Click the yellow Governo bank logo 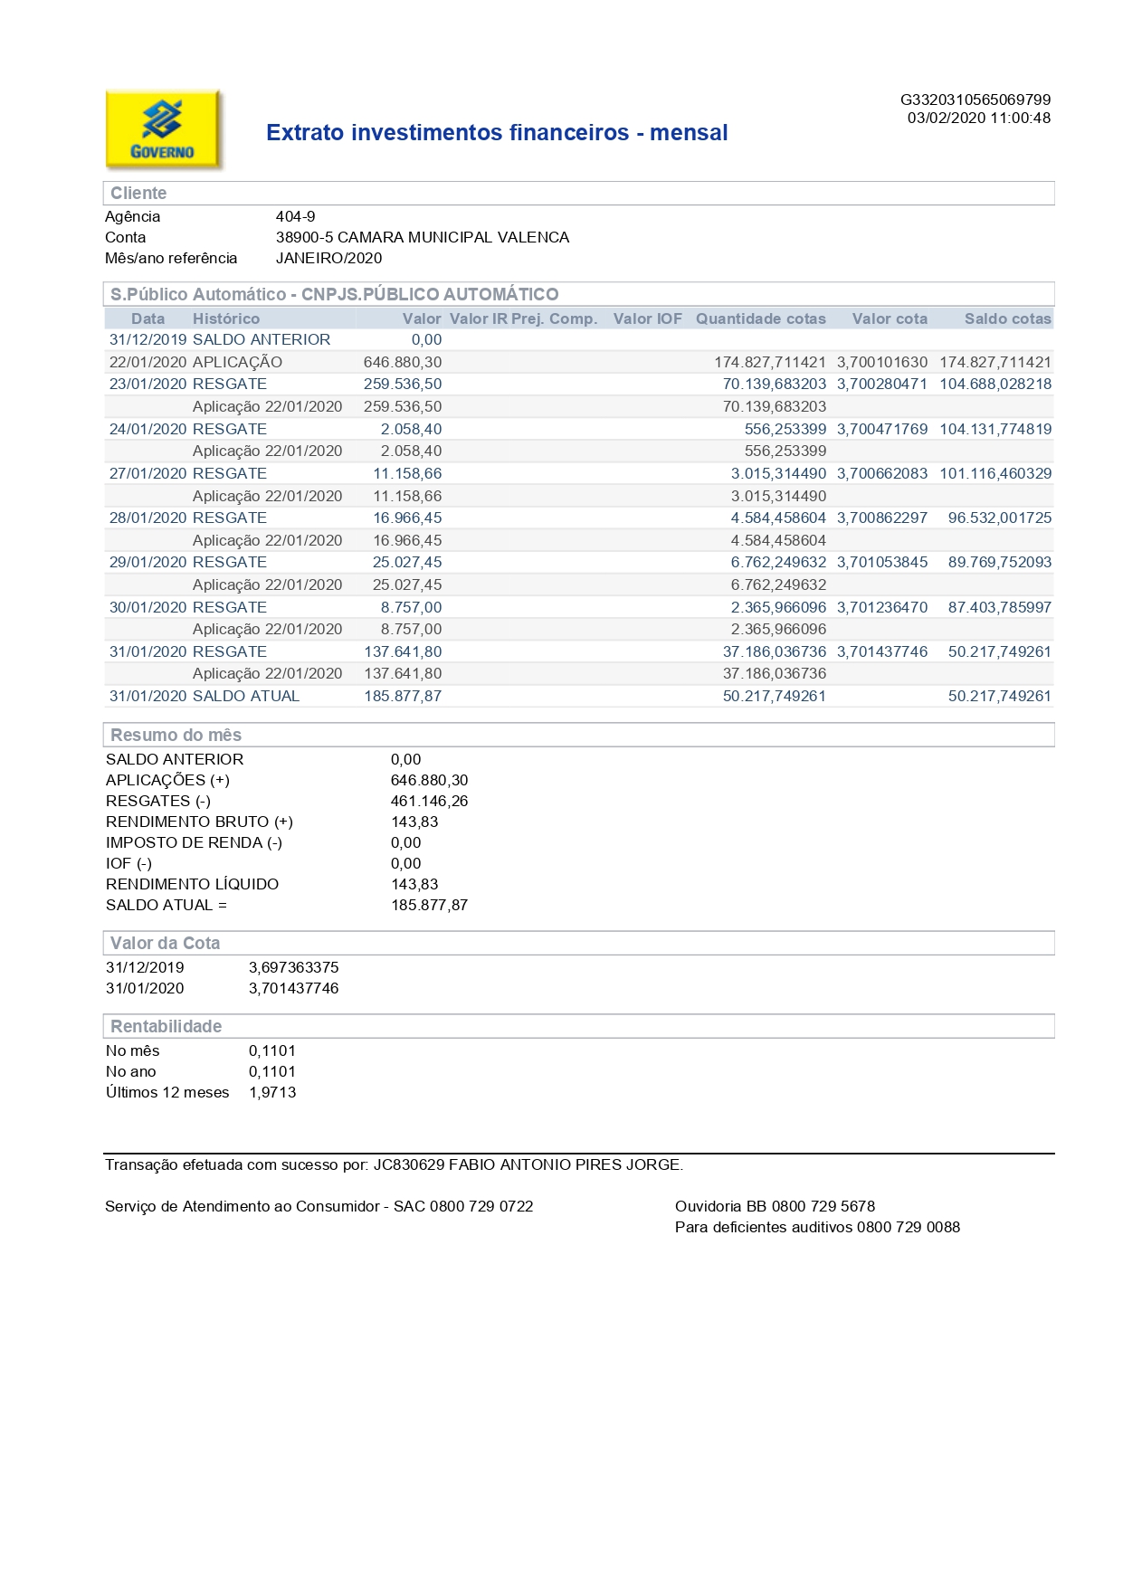pos(163,129)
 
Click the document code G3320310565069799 pos(975,100)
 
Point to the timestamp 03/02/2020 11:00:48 pos(978,118)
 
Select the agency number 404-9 pos(295,216)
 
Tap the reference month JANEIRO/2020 pos(328,258)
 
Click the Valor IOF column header pos(647,318)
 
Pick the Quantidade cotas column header pos(760,318)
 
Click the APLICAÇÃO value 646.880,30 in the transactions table pos(403,362)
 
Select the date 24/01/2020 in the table pos(148,429)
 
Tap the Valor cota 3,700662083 pos(881,473)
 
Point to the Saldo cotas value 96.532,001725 pos(999,518)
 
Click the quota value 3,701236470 pos(881,607)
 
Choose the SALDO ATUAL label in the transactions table pos(245,696)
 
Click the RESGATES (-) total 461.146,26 pos(429,801)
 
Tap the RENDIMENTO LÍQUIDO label pos(192,884)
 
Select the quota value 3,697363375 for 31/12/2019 pos(293,967)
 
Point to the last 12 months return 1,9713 pos(272,1092)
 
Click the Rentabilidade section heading pos(166,1026)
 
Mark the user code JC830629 pos(409,1164)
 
